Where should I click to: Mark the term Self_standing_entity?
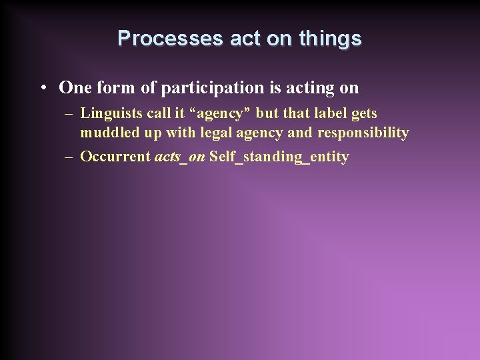click(x=279, y=157)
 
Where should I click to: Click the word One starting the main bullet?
click(x=73, y=87)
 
